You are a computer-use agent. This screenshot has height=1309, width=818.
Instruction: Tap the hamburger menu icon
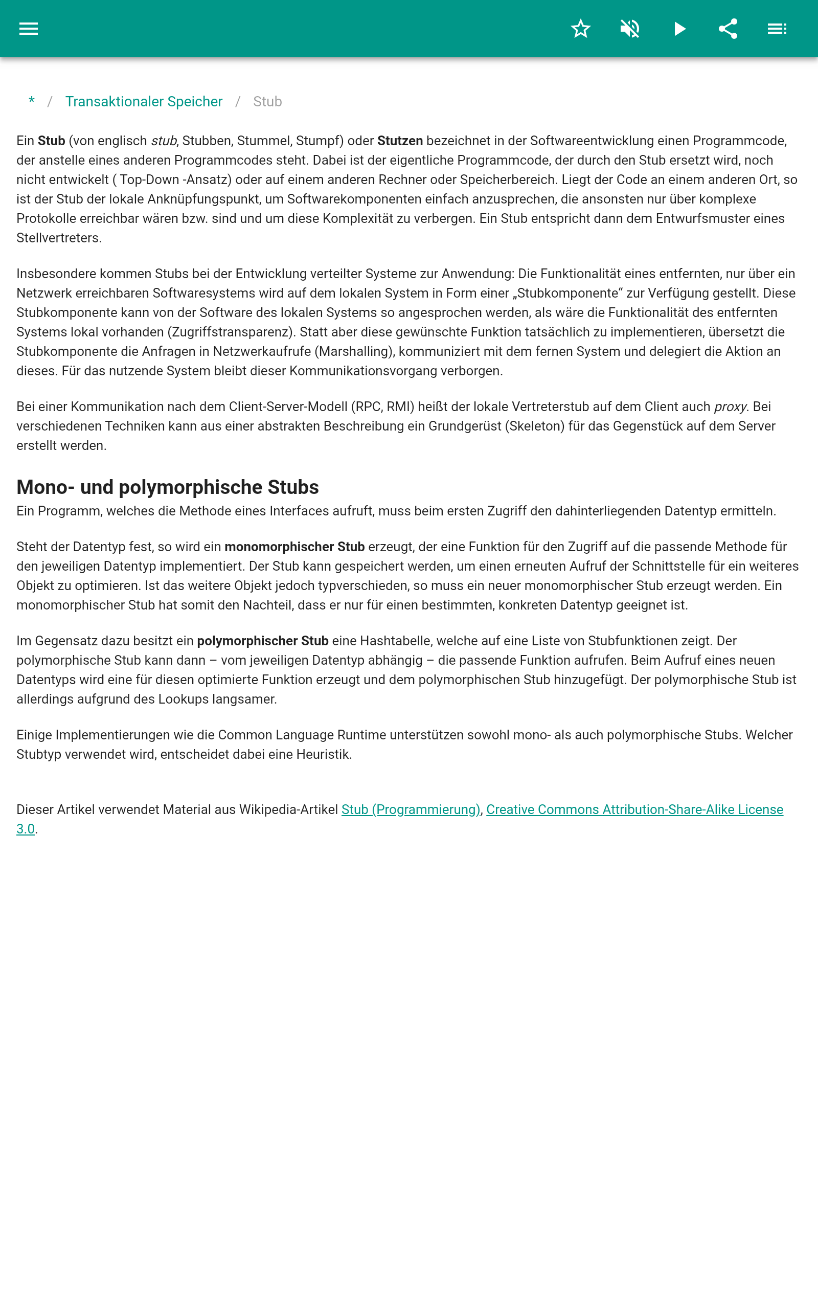click(x=29, y=29)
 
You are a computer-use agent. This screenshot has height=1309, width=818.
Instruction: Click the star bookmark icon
click(x=580, y=29)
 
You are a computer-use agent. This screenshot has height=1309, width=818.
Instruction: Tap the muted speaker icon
click(x=630, y=29)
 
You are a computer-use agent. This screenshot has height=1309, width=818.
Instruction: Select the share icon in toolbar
click(x=728, y=29)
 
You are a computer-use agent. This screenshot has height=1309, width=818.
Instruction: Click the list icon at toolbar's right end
click(x=777, y=29)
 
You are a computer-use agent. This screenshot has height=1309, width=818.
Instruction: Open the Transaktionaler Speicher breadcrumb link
click(x=144, y=102)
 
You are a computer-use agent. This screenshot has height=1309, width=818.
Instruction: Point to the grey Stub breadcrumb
click(x=267, y=102)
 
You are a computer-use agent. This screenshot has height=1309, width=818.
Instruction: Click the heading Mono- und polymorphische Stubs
click(x=168, y=487)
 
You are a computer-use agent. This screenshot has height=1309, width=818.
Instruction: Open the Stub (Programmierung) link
click(x=411, y=809)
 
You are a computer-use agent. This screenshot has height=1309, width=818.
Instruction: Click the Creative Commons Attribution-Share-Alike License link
click(x=634, y=809)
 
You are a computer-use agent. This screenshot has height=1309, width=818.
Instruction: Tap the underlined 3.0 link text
click(x=26, y=829)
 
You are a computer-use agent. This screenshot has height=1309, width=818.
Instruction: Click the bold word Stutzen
click(x=400, y=141)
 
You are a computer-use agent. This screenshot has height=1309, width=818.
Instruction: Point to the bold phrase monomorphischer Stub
click(x=294, y=547)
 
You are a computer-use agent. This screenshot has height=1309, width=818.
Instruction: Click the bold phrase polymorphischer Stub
click(x=262, y=641)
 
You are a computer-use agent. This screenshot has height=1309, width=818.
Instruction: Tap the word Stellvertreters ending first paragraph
click(x=58, y=238)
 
